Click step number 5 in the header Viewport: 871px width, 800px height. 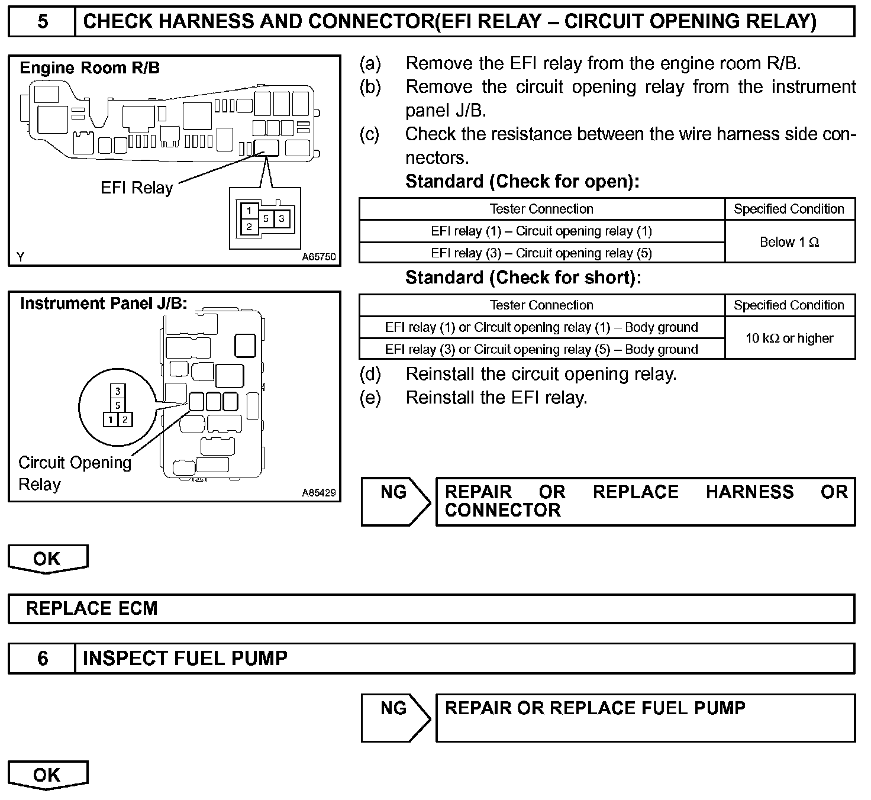(43, 22)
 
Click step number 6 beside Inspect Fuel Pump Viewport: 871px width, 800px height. (43, 659)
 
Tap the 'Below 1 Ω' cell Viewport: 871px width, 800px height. (789, 242)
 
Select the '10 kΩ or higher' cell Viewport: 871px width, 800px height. (789, 338)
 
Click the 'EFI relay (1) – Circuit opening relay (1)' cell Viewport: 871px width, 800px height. (541, 231)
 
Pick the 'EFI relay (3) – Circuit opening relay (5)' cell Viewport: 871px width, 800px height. (541, 253)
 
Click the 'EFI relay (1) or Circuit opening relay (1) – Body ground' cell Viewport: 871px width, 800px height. (541, 327)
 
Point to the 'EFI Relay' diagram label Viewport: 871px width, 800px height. (137, 188)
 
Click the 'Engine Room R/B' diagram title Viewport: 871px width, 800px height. (90, 68)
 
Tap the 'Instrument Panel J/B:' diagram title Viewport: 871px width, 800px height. (104, 304)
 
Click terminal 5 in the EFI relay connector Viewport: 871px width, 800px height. (266, 219)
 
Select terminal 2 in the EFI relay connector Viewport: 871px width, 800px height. (249, 227)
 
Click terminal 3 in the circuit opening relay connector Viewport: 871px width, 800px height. (118, 391)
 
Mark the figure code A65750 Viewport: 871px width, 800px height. (318, 257)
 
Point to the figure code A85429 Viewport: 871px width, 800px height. (318, 492)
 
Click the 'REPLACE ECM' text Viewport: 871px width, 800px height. (92, 609)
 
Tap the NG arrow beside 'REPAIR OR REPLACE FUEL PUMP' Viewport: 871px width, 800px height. (395, 717)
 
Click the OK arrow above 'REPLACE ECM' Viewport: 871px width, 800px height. (47, 559)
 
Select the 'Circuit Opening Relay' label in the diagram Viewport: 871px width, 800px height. (75, 473)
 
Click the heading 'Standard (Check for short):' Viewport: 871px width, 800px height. (523, 278)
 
